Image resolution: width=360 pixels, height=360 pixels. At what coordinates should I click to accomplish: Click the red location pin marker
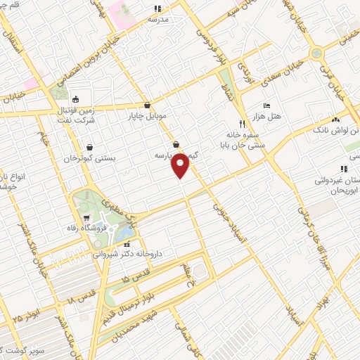tap(181, 166)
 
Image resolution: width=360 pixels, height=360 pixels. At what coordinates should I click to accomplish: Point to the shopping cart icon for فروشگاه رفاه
tap(86, 218)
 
